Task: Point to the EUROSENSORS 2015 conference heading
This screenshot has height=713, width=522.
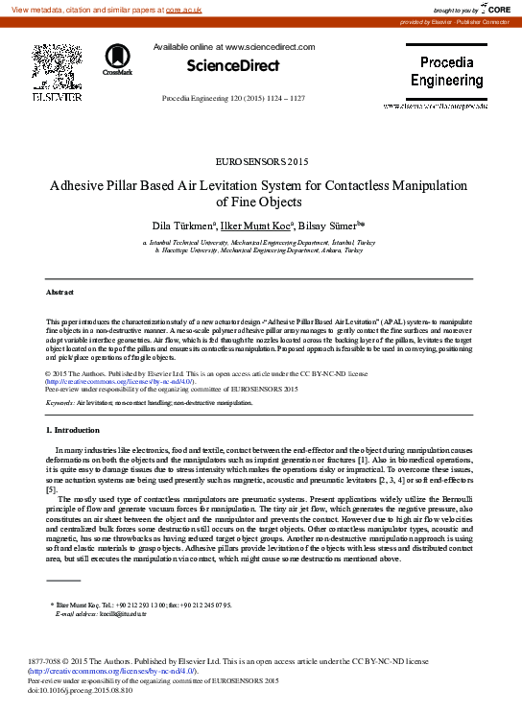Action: point(261,160)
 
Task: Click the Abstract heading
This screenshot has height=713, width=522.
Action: point(60,292)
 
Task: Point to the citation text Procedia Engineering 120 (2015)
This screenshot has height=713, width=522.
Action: point(233,99)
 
